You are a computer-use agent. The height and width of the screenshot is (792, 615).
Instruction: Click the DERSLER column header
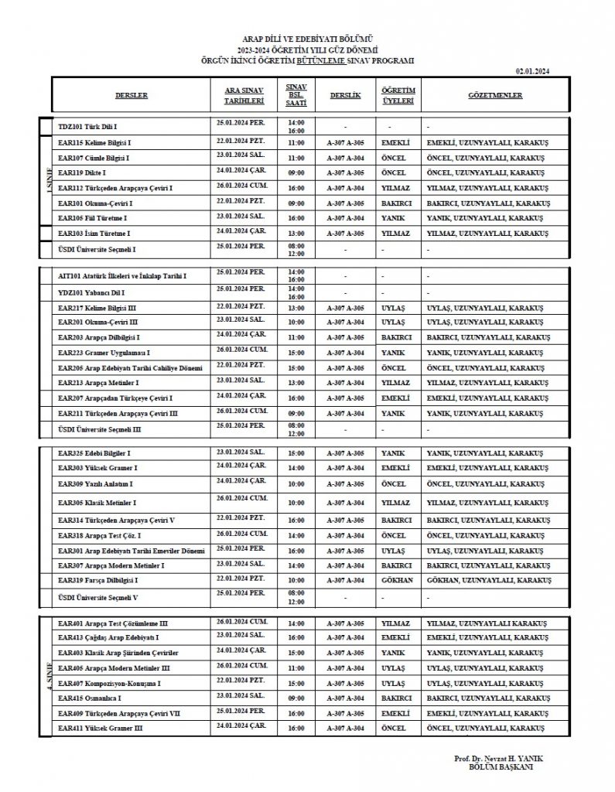pyautogui.click(x=131, y=95)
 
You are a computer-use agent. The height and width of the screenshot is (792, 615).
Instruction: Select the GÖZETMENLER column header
pyautogui.click(x=495, y=95)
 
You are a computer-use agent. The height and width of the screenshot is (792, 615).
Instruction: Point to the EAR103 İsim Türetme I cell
pyautogui.click(x=94, y=232)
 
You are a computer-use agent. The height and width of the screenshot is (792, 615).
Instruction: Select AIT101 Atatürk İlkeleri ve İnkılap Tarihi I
pyautogui.click(x=122, y=275)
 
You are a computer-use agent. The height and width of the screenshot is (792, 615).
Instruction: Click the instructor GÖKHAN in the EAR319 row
pyautogui.click(x=397, y=579)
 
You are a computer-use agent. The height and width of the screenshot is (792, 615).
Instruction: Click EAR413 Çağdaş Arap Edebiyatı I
pyautogui.click(x=108, y=637)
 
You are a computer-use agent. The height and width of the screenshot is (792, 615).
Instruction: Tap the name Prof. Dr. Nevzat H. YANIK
pyautogui.click(x=500, y=759)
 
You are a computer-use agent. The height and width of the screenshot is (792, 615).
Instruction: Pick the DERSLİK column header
pyautogui.click(x=345, y=95)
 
